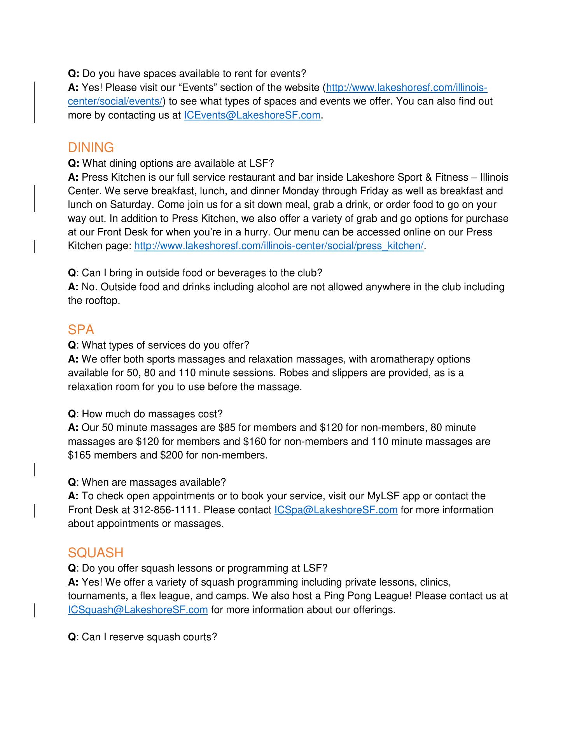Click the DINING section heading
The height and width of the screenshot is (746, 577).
pos(91,148)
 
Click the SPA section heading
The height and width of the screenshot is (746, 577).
pos(81,330)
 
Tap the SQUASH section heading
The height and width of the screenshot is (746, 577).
pos(96,553)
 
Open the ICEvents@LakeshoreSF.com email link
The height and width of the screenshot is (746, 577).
pos(252,115)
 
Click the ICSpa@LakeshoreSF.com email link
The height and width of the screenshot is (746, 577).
pos(336,510)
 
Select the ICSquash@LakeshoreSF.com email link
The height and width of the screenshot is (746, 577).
pos(138,610)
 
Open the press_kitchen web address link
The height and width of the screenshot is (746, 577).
pos(279,246)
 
